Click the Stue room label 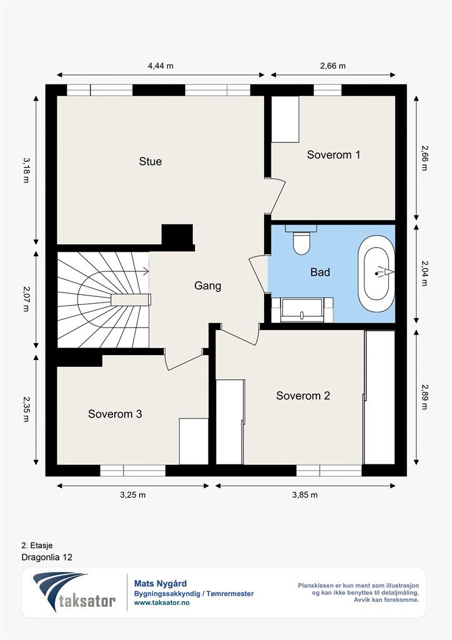150,161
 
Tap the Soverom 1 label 333,155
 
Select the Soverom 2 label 303,396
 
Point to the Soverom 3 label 115,414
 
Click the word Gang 208,286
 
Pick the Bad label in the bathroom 320,272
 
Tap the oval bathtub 376,274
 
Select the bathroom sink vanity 302,310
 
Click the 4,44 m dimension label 160,66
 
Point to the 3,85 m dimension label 305,495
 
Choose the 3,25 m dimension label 132,495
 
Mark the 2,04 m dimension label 425,274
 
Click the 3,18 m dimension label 26,170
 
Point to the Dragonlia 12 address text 47,557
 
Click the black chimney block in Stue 177,236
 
